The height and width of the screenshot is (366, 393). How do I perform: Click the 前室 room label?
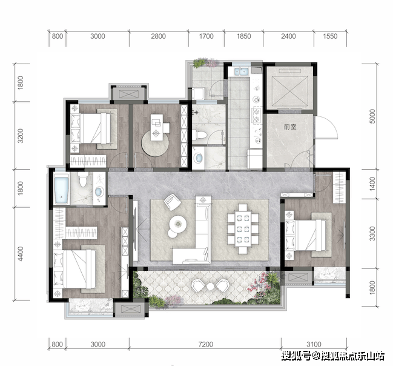[x=290, y=127]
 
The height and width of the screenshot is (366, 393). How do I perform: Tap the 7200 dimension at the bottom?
[x=205, y=344]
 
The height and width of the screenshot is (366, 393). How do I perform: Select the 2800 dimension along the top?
[x=158, y=36]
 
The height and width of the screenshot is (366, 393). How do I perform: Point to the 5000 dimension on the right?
[x=372, y=116]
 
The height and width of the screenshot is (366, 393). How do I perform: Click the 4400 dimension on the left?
[x=21, y=254]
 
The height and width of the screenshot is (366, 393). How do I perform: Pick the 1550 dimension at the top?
[x=330, y=36]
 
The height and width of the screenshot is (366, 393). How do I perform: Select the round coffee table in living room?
[x=177, y=223]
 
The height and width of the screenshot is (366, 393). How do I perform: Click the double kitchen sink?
[x=240, y=72]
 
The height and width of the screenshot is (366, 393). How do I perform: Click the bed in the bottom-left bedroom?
[x=74, y=270]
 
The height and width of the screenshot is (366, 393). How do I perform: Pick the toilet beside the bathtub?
[x=83, y=179]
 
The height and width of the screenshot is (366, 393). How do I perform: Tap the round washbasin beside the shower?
[x=199, y=158]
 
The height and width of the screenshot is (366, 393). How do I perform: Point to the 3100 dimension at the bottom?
[x=314, y=344]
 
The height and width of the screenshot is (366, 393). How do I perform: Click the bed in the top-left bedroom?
[x=91, y=128]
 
